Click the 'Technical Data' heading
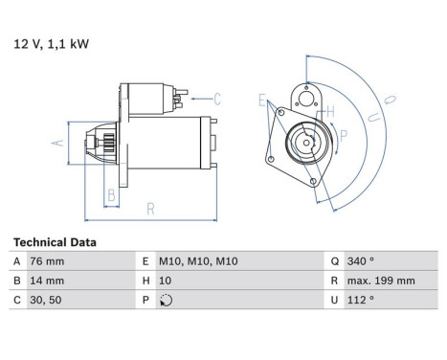(55, 243)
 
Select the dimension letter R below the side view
(150, 207)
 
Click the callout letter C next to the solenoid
(217, 99)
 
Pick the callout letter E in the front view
(260, 99)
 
